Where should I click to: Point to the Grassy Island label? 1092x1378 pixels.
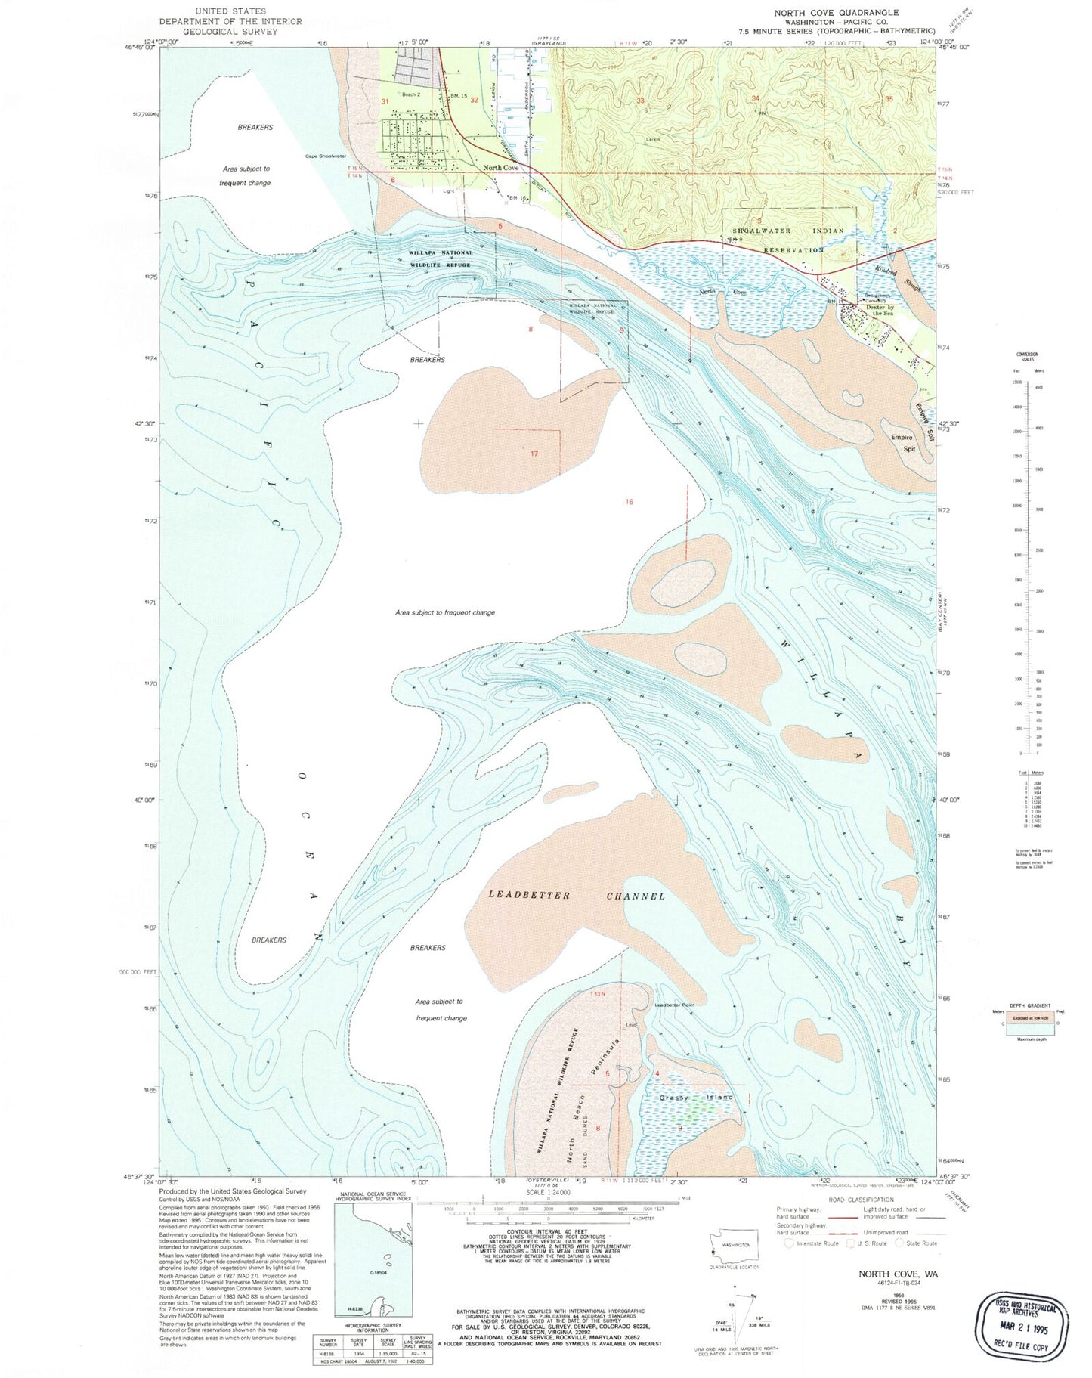coord(695,1097)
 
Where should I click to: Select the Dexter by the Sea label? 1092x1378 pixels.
coord(880,310)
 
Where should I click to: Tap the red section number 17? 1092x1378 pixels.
coord(534,454)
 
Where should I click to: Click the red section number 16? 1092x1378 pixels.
coord(629,502)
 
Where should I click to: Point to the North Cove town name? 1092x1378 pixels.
coord(501,168)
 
